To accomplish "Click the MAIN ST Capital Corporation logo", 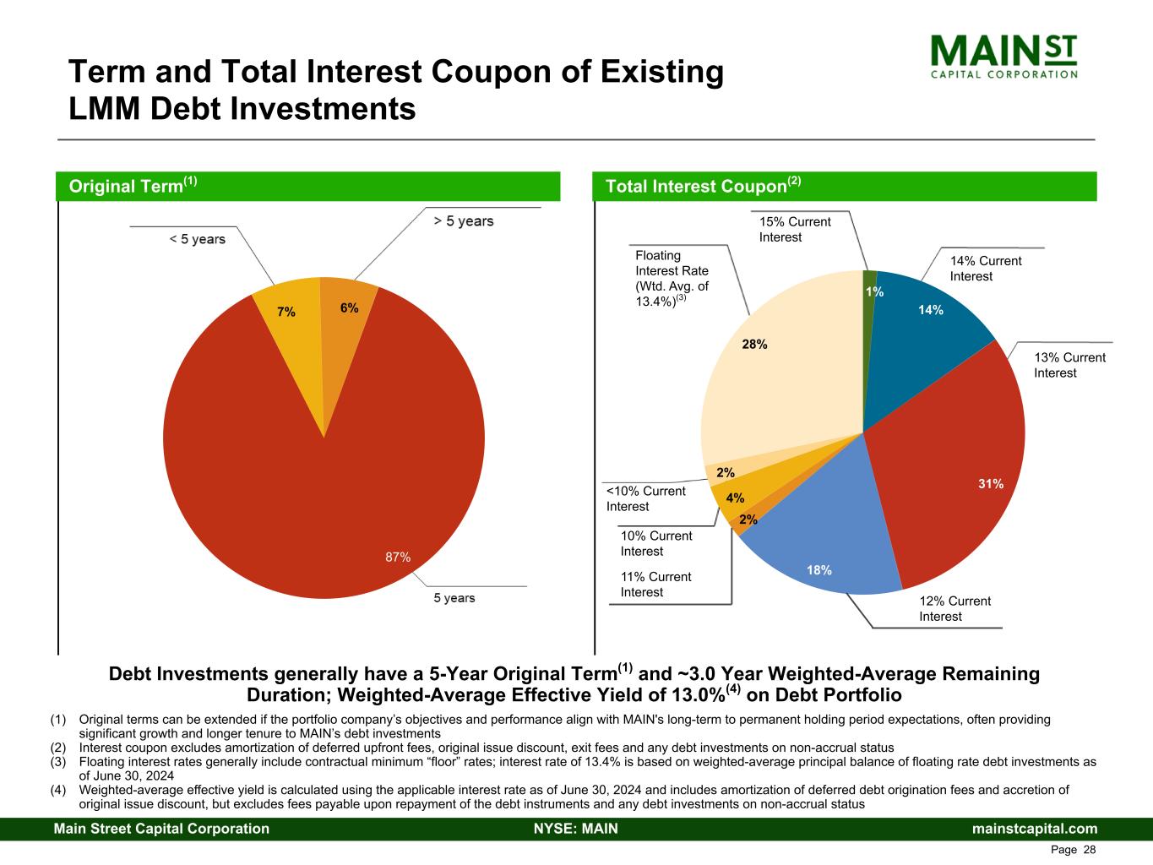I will pos(1003,56).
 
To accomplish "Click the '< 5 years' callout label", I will pos(197,240).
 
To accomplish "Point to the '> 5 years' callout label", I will pos(464,221).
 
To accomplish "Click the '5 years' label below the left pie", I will pos(454,598).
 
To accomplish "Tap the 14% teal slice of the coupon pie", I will pos(925,338).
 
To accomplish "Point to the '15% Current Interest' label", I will pos(795,230).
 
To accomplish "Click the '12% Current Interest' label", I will pos(954,609).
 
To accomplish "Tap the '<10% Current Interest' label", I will pos(646,498).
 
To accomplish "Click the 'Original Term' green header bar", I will pos(307,186).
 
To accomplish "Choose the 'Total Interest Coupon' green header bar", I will pos(846,186).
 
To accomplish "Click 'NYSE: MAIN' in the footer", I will pos(576,829).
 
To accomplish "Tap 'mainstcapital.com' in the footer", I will pos(1035,829).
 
